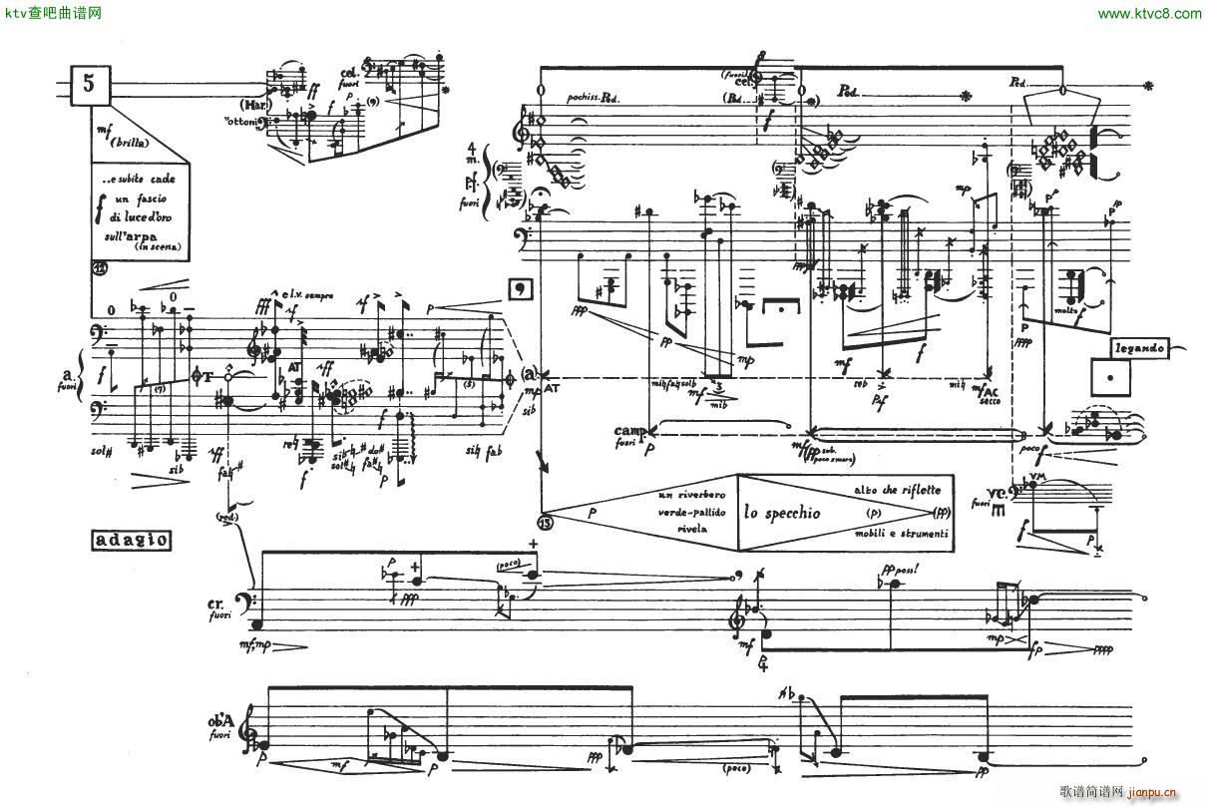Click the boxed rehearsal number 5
tap(90, 85)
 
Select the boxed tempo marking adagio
tap(130, 542)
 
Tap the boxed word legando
tap(1142, 348)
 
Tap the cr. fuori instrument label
tap(218, 609)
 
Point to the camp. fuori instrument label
tap(631, 436)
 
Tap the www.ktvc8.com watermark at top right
tap(1149, 13)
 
